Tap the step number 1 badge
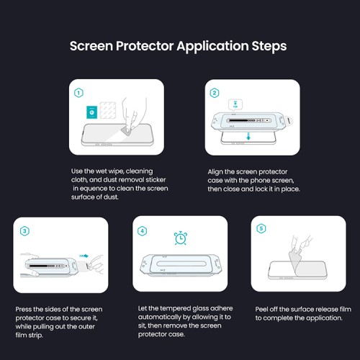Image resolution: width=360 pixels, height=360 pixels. coord(78,93)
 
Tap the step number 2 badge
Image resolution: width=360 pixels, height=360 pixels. coord(215,93)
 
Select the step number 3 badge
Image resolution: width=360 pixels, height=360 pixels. coord(24,230)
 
